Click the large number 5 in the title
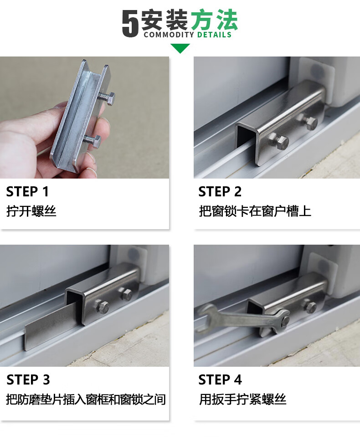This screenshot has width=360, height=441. pos(130,23)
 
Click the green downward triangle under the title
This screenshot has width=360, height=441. pos(180,48)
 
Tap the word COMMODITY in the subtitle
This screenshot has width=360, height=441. pos(169,35)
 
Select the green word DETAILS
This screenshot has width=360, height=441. pos(214,35)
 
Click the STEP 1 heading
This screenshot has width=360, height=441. pos(27,192)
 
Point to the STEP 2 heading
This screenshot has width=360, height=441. pos(220,192)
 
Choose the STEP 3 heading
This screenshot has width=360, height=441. pos(28,379)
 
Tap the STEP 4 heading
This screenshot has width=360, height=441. pos(220,379)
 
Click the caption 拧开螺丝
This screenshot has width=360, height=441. pos(31,211)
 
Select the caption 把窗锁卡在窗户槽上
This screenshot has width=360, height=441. pos(255,211)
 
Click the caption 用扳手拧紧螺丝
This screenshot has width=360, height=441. pos(243,399)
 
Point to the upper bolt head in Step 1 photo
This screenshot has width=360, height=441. pos(111,98)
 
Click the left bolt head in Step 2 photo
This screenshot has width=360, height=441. pos(282,143)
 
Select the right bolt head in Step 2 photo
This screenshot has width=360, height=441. pos(311,123)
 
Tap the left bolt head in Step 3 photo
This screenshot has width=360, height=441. pos(103,306)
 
